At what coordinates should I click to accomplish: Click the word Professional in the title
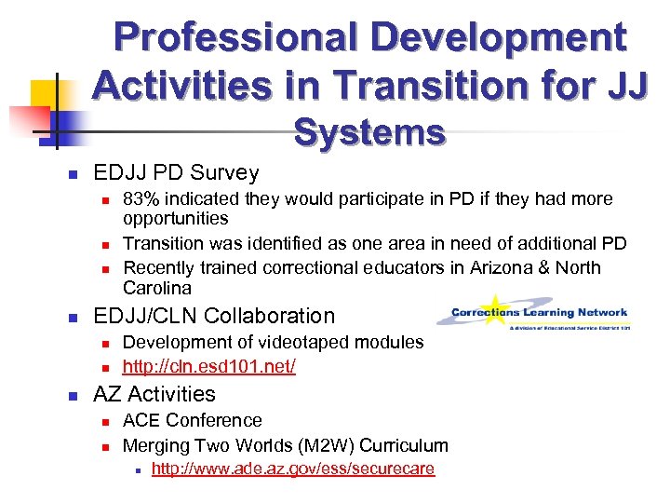click(x=232, y=38)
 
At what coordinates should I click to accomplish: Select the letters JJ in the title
click(x=623, y=85)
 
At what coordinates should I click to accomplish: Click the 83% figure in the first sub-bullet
click(x=141, y=198)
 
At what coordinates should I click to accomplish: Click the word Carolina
click(x=157, y=288)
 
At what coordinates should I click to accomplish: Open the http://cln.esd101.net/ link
click(x=209, y=367)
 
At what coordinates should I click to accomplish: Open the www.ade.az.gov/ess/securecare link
click(x=293, y=469)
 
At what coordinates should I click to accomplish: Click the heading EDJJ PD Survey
click(x=176, y=172)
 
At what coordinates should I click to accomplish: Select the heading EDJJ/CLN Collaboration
click(x=214, y=317)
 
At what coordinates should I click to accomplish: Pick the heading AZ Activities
click(x=154, y=394)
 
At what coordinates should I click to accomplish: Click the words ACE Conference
click(x=193, y=420)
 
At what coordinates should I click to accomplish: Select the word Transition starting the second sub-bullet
click(x=164, y=244)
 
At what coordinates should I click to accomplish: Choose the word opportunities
click(x=176, y=218)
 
